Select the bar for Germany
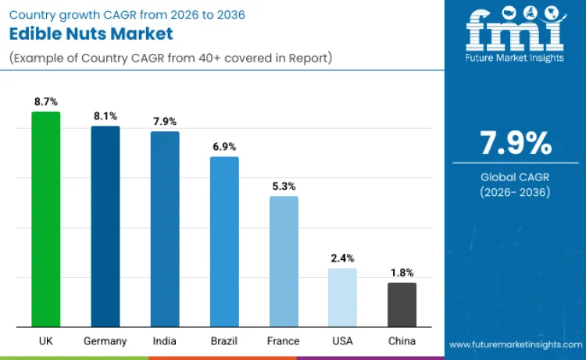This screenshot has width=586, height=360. tap(105, 226)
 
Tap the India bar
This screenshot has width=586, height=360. tap(165, 229)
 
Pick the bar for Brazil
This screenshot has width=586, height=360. tap(224, 241)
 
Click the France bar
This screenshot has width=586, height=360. tap(284, 262)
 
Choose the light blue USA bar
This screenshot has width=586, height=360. tap(342, 298)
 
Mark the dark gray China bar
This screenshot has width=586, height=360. tap(402, 305)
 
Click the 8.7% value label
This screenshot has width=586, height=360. tap(45, 102)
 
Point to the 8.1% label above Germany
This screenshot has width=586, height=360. tap(105, 116)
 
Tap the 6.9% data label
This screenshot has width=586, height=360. tap(224, 146)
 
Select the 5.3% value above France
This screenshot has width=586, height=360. tap(284, 186)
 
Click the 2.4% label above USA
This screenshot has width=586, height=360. tap(342, 258)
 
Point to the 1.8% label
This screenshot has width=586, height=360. tap(402, 273)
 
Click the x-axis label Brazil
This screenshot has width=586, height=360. tap(224, 341)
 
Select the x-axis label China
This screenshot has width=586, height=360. tap(402, 341)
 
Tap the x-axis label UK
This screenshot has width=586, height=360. tap(45, 341)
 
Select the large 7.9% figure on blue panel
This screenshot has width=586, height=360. tap(515, 144)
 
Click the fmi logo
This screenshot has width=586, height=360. tap(515, 33)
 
